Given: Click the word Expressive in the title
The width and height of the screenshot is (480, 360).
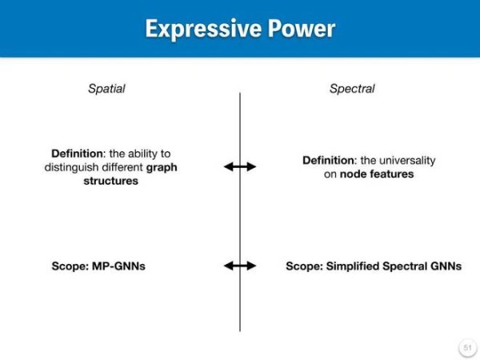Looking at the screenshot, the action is pos(203,29).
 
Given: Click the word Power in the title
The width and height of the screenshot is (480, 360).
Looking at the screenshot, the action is pos(302,29).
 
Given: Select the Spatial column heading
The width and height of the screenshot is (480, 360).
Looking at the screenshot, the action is pos(106,89).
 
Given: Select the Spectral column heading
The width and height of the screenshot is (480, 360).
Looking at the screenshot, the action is pos(352,89).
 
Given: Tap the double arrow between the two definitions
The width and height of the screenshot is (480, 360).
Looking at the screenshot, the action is pos(240,167).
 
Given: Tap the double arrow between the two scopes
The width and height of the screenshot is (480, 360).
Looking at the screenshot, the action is pos(240,266).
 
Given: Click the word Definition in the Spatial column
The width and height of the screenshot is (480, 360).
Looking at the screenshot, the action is pos(78,154).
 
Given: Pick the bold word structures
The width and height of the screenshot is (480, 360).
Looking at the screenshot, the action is pos(111,181).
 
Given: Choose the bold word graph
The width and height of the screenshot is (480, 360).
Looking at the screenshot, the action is pos(162,168).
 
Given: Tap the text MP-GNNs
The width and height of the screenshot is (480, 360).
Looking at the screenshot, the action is pos(118,266).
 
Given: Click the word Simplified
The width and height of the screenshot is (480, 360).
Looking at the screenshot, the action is pos(353,266).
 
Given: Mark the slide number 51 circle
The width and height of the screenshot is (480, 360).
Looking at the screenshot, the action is pos(467,348).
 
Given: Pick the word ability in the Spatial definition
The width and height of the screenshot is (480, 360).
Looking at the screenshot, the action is pos(141,154).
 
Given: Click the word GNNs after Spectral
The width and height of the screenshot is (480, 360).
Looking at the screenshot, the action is pos(446,266).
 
